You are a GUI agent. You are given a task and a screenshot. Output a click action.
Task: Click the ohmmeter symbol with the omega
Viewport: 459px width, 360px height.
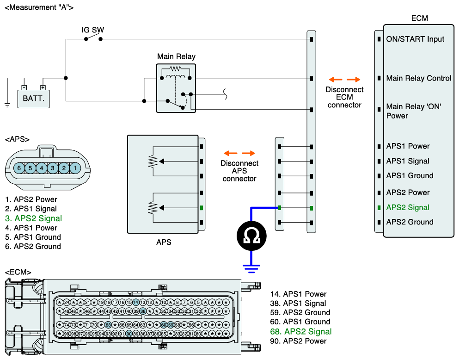pos(251,236)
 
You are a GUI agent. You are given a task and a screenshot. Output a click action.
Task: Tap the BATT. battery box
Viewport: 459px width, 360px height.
pos(33,98)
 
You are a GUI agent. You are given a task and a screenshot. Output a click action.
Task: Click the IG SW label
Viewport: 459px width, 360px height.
pos(92,30)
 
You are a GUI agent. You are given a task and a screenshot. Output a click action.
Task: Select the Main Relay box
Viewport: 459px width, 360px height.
pos(176,88)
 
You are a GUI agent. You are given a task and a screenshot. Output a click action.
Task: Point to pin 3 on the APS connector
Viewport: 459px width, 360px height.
pos(53,168)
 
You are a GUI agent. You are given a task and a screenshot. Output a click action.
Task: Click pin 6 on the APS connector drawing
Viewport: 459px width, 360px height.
pos(19,168)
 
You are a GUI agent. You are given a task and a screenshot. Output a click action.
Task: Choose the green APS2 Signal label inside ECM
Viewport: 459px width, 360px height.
pos(408,207)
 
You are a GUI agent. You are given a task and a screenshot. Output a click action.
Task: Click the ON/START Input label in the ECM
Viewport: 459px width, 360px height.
pos(415,39)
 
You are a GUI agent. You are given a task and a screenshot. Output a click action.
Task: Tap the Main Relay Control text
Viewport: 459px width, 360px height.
pos(418,78)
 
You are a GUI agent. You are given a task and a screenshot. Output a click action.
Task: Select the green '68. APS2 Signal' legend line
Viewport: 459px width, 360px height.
pos(301,331)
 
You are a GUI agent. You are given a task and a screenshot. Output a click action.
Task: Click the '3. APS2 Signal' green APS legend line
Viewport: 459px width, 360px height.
pos(33,218)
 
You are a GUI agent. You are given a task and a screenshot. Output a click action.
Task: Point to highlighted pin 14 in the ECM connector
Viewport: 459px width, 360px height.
pos(136,302)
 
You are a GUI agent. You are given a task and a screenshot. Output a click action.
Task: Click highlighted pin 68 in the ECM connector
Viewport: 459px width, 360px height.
pos(108,325)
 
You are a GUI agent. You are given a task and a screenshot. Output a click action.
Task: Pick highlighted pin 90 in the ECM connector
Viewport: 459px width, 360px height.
pos(129,334)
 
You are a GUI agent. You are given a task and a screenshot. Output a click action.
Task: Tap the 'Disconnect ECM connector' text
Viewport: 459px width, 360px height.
pos(344,97)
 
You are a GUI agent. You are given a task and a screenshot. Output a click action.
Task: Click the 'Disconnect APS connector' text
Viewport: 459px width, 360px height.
pos(239,171)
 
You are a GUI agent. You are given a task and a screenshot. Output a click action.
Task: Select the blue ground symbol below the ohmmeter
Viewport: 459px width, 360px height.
pos(251,267)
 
